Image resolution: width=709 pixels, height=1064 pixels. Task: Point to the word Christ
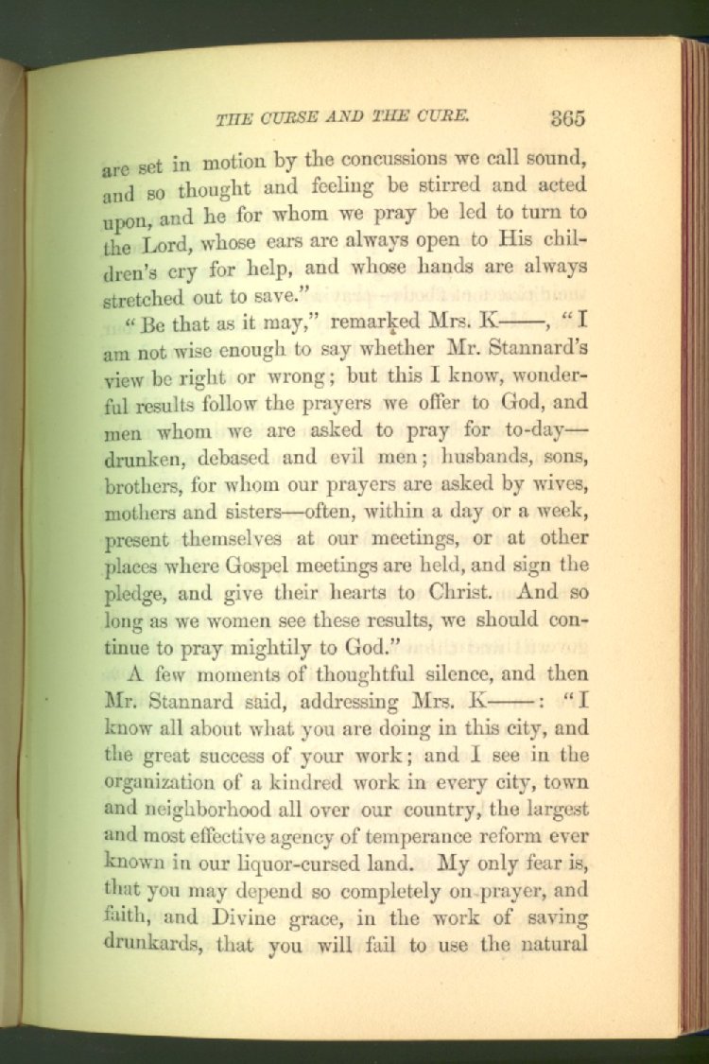[458, 594]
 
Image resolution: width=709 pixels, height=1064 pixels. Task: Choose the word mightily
[259, 649]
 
